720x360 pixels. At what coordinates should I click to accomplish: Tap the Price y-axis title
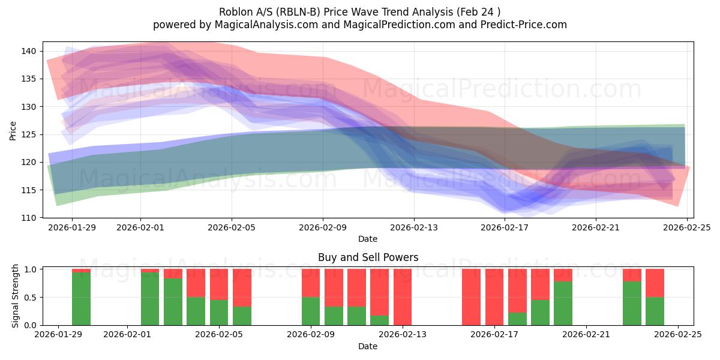[13, 130]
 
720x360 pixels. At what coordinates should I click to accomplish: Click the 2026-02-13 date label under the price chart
[414, 227]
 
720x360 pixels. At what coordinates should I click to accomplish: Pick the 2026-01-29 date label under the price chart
[72, 227]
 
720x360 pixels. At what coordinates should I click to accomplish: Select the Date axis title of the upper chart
[368, 239]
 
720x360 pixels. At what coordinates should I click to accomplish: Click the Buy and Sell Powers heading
[368, 257]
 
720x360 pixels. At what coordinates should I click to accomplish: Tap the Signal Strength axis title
[16, 297]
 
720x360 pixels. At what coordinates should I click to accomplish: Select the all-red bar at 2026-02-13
[403, 297]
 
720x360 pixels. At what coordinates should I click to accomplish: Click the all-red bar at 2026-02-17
[494, 297]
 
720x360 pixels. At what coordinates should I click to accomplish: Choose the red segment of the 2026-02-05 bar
[219, 284]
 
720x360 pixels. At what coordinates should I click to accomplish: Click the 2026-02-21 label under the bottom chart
[586, 335]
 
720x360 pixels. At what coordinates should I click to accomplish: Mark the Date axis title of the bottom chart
[368, 346]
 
